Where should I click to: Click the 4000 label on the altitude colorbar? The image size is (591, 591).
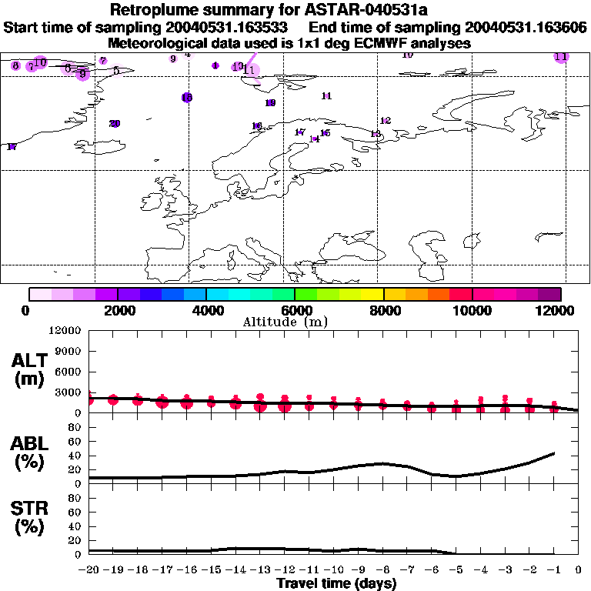coord(206,311)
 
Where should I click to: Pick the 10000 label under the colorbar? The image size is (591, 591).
coord(472,311)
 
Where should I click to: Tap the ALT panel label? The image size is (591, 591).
coord(28,361)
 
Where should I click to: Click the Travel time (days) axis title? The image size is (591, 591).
coord(336,584)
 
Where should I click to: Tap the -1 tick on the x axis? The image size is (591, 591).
coord(553,571)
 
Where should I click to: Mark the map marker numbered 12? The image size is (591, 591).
coord(386,121)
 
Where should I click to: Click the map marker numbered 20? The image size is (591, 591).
coord(115,123)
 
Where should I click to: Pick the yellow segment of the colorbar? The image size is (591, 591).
coord(372,294)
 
